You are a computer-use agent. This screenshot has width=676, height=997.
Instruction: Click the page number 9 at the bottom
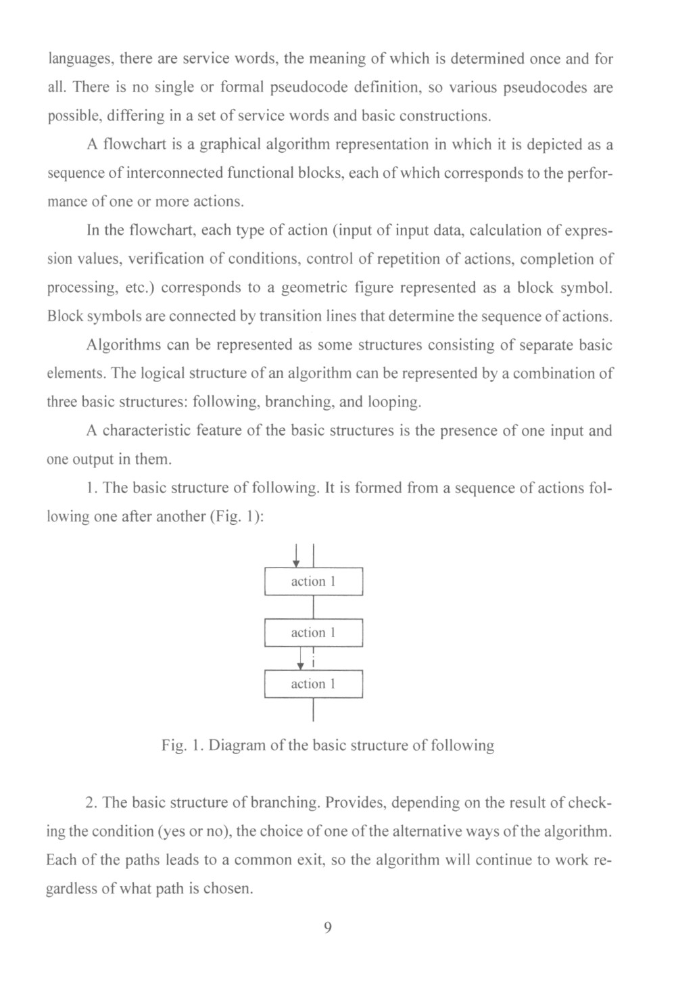[x=328, y=927]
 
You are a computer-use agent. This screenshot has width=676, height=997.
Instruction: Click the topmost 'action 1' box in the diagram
[x=313, y=582]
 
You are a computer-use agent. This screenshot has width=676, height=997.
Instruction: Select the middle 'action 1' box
[x=313, y=632]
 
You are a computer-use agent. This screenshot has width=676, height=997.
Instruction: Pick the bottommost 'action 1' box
[x=313, y=684]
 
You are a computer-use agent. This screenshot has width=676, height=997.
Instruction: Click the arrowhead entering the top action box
[x=296, y=563]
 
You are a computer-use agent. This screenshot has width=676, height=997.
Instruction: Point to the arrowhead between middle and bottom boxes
[x=301, y=666]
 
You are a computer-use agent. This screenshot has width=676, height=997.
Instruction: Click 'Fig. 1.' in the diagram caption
[x=182, y=746]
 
